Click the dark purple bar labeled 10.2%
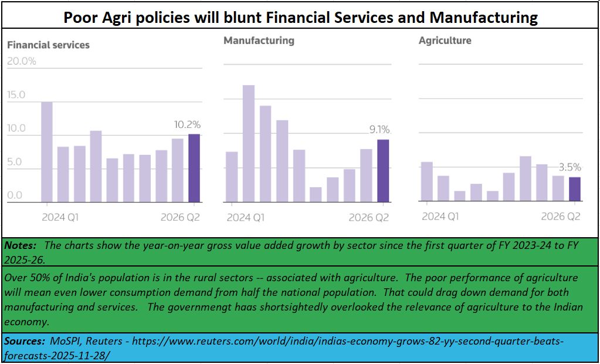click(x=194, y=168)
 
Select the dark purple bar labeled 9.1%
click(x=382, y=171)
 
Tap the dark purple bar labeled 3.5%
click(x=575, y=189)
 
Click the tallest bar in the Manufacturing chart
click(x=249, y=144)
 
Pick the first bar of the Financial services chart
click(x=47, y=152)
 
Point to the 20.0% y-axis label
click(x=22, y=61)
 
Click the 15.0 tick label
click(x=16, y=95)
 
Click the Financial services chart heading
click(x=48, y=45)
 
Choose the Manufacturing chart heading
click(x=259, y=41)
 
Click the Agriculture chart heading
click(x=445, y=41)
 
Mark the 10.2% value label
click(x=187, y=124)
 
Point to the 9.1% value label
click(x=379, y=130)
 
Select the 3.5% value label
click(x=569, y=167)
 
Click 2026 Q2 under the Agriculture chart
click(x=561, y=217)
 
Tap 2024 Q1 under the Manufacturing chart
click(x=246, y=217)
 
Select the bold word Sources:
click(x=25, y=341)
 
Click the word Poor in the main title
click(x=81, y=18)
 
